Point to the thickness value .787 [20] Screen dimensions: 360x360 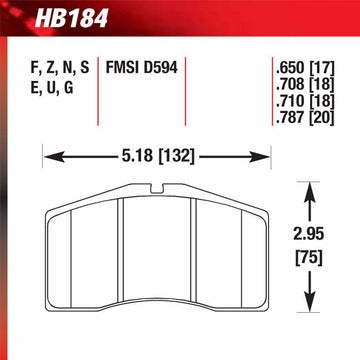(x=304, y=120)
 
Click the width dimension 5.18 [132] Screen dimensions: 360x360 (x=152, y=156)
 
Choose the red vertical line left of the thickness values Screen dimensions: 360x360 (x=268, y=95)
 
